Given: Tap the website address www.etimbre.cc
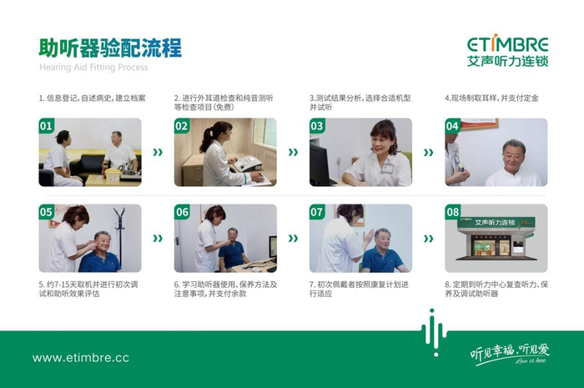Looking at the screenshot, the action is point(81,358).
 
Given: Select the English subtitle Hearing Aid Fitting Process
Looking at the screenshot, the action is point(93,68).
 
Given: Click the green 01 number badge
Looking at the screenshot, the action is point(46,125).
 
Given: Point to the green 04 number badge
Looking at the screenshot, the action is point(452,125).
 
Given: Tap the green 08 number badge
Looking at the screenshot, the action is point(452,211).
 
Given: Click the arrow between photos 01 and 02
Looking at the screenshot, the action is point(158,152).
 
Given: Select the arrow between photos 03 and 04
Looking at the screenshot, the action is point(429,152).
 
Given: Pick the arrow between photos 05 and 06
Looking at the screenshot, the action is point(158,238).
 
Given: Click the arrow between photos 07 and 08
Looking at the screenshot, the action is point(429,238).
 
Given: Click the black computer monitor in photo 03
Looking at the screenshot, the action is point(320,164).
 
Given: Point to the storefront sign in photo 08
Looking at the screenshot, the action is point(496,222).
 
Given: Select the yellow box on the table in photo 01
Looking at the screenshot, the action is point(112,174).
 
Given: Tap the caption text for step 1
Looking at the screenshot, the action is point(93,98).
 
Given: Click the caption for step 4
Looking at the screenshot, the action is point(491,98).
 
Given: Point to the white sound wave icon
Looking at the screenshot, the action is point(434,333).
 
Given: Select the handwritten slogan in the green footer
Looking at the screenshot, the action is point(510,353).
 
